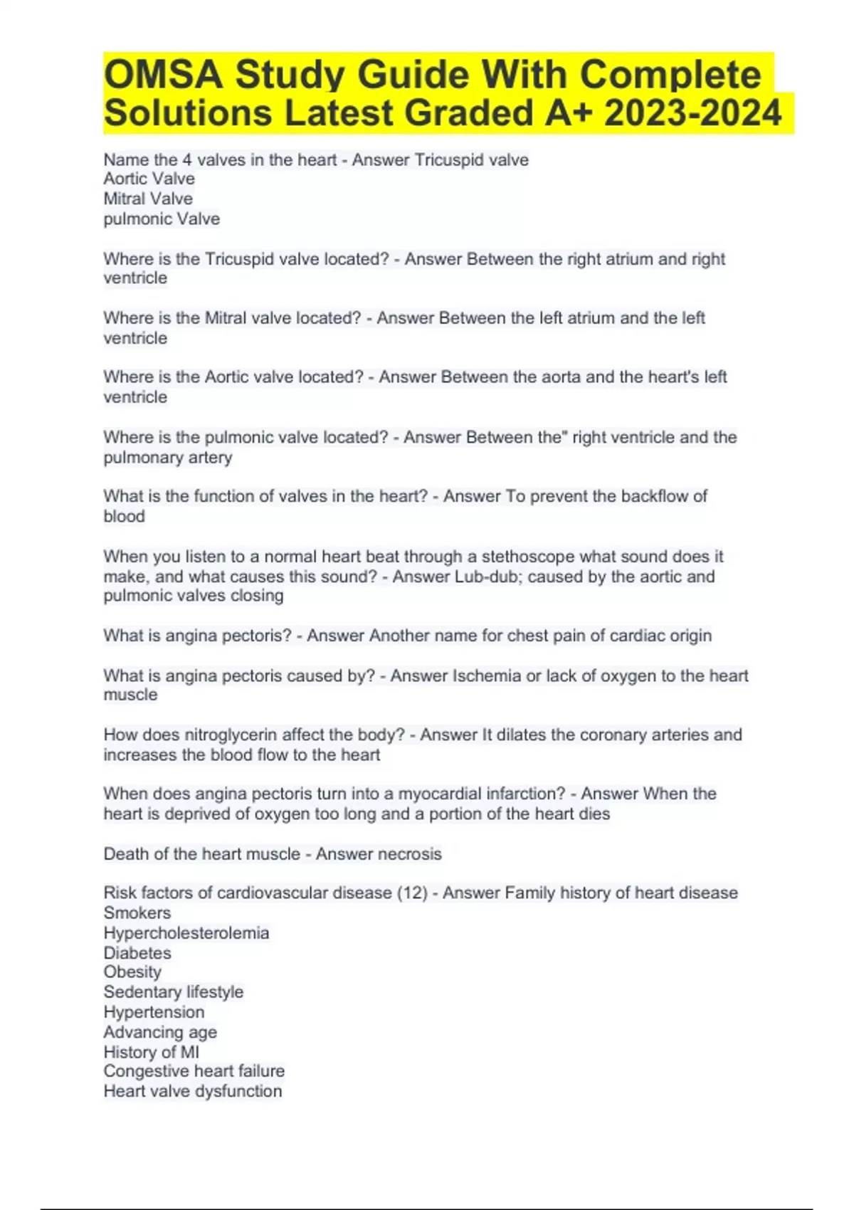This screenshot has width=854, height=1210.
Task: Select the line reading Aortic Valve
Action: tap(149, 179)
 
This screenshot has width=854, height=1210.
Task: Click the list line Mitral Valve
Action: tap(148, 199)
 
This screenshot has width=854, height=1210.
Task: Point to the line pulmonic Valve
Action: tap(162, 219)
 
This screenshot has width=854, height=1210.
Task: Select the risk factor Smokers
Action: tap(137, 913)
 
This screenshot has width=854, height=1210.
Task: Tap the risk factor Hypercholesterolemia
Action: tap(186, 933)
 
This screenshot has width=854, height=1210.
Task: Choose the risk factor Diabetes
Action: tap(137, 953)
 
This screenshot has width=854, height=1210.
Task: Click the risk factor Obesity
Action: tap(132, 972)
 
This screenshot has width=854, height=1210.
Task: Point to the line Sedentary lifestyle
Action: tap(173, 992)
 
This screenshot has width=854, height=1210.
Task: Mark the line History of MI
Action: tap(151, 1052)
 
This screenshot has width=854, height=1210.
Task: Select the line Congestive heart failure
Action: tap(194, 1071)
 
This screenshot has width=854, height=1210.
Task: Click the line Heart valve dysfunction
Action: tap(192, 1091)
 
